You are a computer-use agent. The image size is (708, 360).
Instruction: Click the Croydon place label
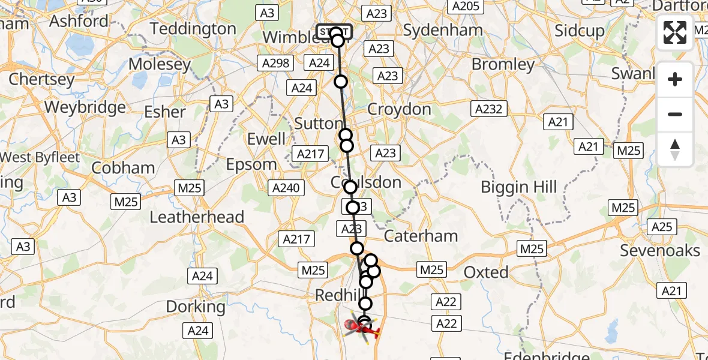399,109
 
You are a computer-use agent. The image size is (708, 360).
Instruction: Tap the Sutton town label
318,123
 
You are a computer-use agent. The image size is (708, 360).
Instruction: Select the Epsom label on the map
251,164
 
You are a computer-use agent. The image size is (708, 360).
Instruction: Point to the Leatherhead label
197,217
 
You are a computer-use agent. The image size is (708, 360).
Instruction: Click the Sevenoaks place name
660,250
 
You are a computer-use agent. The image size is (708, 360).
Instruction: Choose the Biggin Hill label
519,187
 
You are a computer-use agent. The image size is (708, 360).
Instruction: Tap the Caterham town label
421,236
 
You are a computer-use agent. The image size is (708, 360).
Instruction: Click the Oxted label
486,272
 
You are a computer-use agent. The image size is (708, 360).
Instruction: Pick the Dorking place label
196,307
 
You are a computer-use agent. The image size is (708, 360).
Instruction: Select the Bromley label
503,64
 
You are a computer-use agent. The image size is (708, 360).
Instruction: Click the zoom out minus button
675,114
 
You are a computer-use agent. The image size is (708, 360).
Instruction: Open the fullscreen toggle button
675,32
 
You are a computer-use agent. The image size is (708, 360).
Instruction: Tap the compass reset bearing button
675,149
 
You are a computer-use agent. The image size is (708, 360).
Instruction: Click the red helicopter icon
364,328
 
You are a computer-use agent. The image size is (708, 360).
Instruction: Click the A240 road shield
285,188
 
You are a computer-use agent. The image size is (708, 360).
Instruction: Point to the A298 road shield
275,62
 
